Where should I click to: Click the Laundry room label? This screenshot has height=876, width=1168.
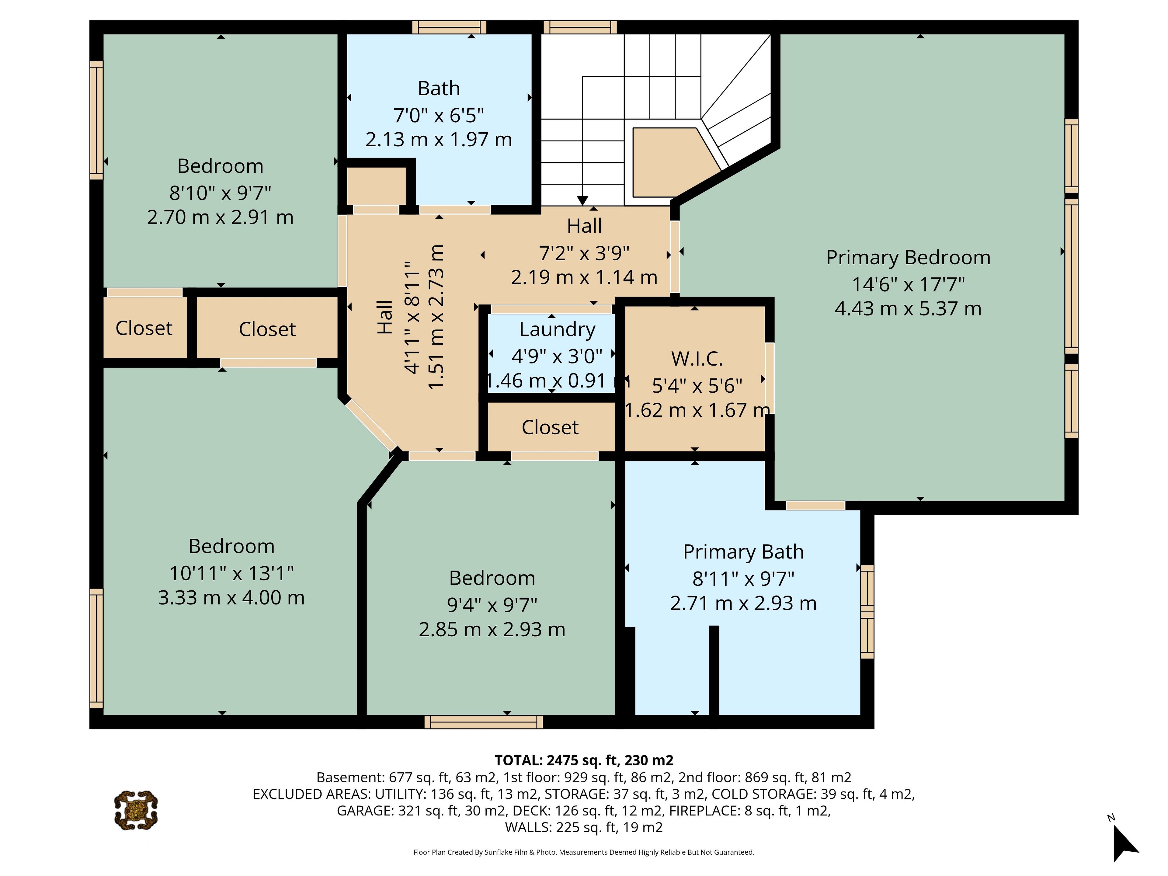pyautogui.click(x=557, y=329)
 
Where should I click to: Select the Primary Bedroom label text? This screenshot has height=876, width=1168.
pyautogui.click(x=908, y=258)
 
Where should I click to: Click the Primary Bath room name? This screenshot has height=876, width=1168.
pyautogui.click(x=743, y=552)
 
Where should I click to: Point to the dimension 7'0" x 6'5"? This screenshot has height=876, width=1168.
pyautogui.click(x=439, y=115)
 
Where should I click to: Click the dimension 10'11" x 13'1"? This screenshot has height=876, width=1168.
pyautogui.click(x=231, y=573)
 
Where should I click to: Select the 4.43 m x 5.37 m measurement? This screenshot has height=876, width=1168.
pyautogui.click(x=908, y=308)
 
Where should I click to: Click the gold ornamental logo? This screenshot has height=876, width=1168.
pyautogui.click(x=136, y=810)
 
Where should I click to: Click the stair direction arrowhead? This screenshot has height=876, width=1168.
pyautogui.click(x=582, y=201)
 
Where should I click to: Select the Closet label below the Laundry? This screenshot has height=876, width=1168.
pyautogui.click(x=550, y=427)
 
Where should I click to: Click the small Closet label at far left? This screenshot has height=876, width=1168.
pyautogui.click(x=144, y=328)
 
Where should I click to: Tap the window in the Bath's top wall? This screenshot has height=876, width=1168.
pyautogui.click(x=449, y=27)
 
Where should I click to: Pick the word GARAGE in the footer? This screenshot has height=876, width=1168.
pyautogui.click(x=365, y=811)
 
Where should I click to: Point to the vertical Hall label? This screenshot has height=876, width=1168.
pyautogui.click(x=385, y=317)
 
